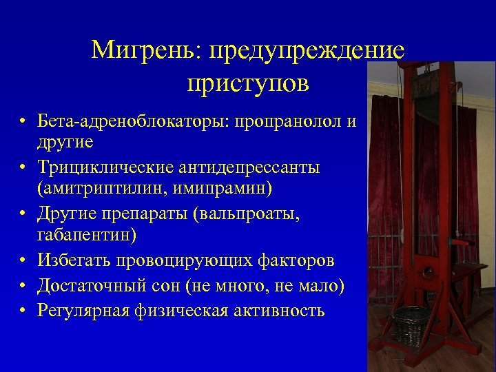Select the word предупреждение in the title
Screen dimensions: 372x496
[307, 50]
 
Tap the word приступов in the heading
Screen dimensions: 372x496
[248, 83]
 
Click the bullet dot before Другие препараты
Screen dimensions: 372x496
[23, 215]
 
